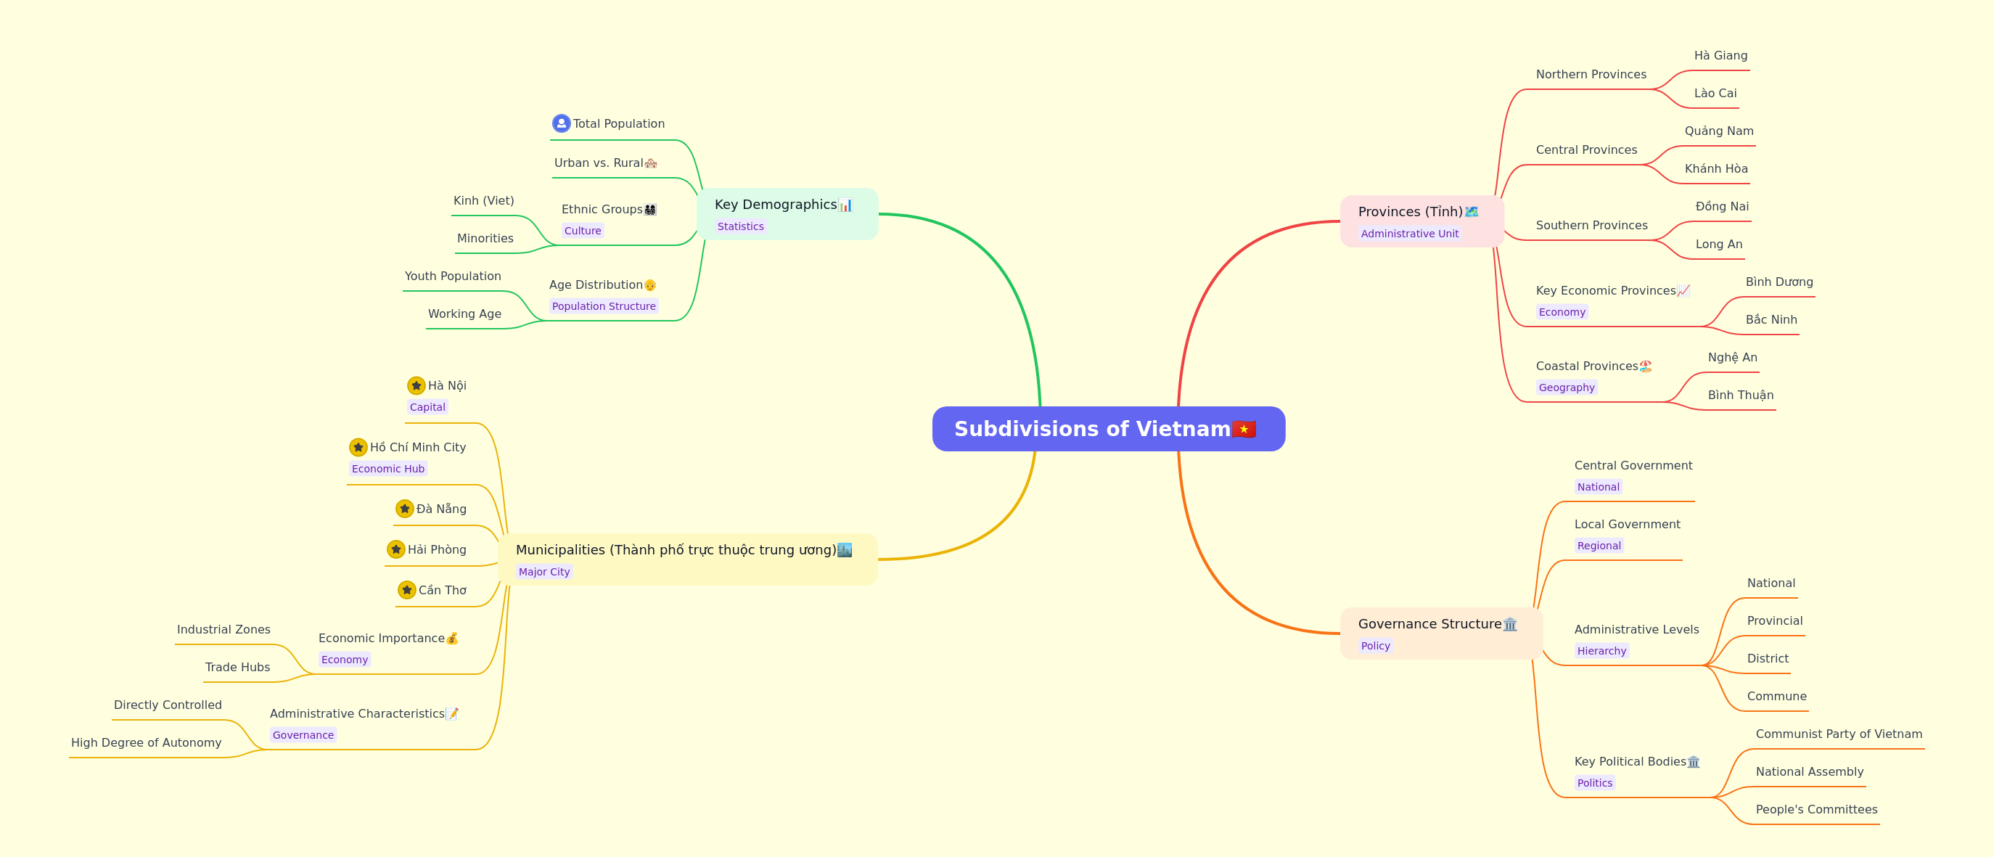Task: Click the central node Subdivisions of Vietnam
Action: coord(1109,429)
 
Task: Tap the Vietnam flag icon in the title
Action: coord(1243,429)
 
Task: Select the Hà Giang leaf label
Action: coord(1720,56)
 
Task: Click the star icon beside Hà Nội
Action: coord(417,385)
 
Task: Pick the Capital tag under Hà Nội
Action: coord(427,407)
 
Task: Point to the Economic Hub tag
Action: coord(387,469)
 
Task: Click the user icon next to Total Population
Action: coord(561,124)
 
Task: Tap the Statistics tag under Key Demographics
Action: coord(740,227)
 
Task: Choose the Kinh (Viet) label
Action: coord(484,200)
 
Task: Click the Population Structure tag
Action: coord(604,306)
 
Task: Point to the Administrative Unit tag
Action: coord(1410,234)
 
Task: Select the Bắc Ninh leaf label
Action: coord(1771,320)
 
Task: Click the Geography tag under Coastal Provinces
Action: coord(1567,388)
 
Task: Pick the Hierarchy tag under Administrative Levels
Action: coord(1601,651)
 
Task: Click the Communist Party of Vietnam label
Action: coord(1839,734)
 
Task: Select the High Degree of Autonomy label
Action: coord(147,742)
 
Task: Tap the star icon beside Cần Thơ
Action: coord(407,590)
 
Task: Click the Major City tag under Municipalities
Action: coord(544,572)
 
